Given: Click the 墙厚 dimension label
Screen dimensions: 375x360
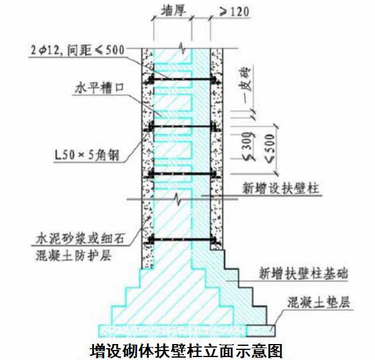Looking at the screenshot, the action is click(173, 11).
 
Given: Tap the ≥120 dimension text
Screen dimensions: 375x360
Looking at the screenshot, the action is click(234, 11).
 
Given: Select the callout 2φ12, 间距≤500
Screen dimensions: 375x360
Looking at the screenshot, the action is click(77, 50).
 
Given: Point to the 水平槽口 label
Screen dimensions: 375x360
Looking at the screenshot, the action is click(99, 88).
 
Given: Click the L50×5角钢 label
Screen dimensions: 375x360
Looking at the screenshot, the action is click(87, 155).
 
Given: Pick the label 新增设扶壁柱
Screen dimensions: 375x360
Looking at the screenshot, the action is click(281, 188).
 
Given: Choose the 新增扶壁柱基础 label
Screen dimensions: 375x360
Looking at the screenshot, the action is click(303, 273).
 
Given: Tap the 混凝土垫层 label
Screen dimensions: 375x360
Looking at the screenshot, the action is click(319, 302).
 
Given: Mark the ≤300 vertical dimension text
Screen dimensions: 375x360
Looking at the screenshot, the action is click(249, 146).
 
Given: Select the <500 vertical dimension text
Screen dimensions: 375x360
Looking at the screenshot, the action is click(270, 148).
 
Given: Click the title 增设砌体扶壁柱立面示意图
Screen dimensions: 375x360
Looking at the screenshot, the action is click(186, 351).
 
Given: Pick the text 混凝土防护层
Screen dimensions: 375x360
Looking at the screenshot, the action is click(74, 255).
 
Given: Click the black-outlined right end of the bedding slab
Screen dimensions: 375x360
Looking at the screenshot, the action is click(261, 330).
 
